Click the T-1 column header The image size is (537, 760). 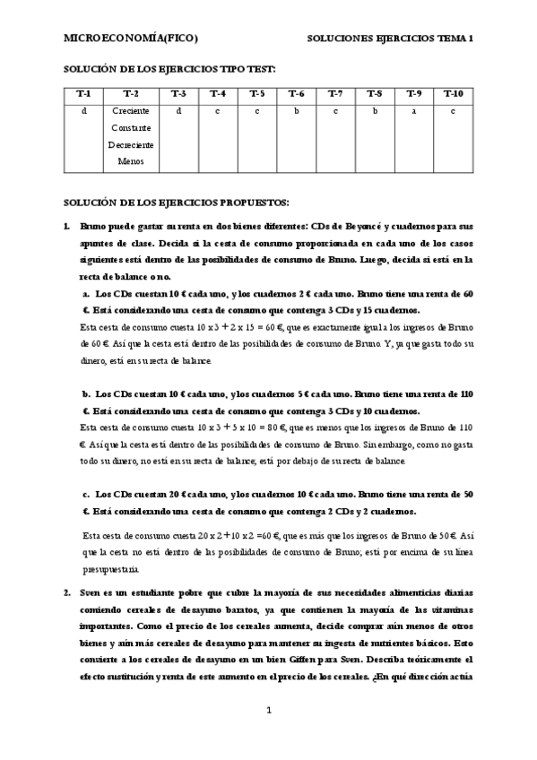coord(83,93)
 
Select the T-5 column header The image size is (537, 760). coord(256,93)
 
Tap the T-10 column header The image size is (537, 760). coord(454,93)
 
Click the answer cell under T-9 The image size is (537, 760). coord(413,111)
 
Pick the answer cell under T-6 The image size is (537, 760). coord(296,111)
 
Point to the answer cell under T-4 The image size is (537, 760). coord(218,111)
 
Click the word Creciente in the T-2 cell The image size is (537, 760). coord(131,111)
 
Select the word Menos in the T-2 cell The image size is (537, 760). coord(131,162)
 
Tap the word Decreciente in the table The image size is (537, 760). coord(131,145)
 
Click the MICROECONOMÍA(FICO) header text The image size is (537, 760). coord(131,39)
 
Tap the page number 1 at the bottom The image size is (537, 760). coord(269,711)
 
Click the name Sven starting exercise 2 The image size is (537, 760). coord(90,592)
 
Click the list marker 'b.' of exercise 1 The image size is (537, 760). coord(86,393)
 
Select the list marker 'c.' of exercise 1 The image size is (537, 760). coord(86,494)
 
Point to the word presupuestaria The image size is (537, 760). coord(109,568)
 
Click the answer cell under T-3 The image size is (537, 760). coord(178,111)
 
